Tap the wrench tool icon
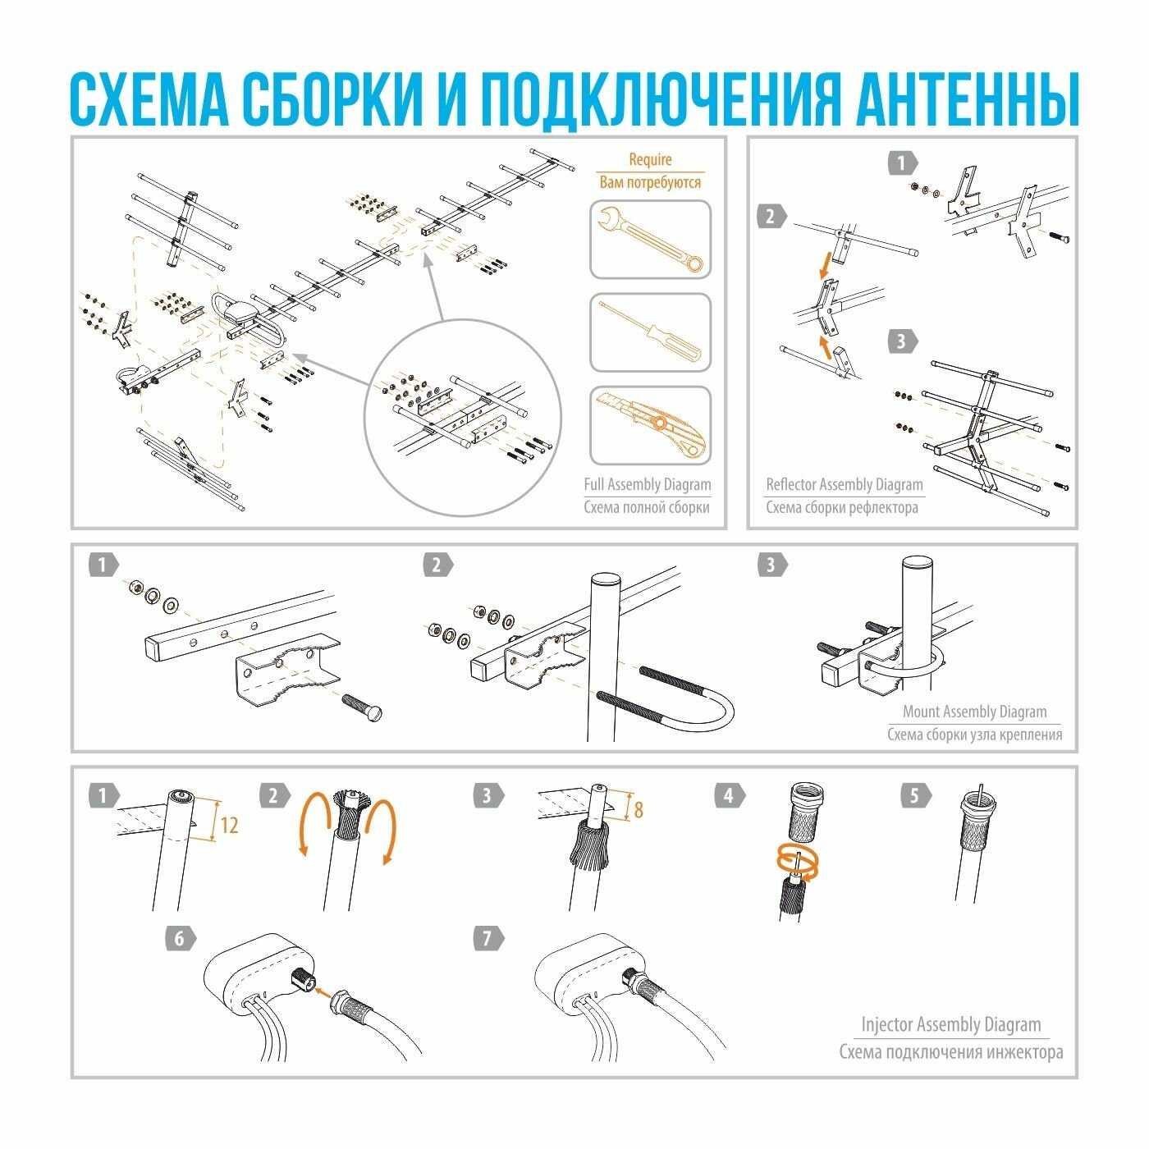pos(649,240)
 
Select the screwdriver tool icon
pos(649,332)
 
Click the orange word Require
pos(649,160)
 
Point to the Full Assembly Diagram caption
pos(647,484)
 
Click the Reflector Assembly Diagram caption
pos(844,484)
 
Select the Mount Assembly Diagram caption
pos(974,712)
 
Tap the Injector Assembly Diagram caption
pos(950,1024)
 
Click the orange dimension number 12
pos(229,825)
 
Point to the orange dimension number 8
pos(638,811)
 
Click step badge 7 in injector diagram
pos(489,937)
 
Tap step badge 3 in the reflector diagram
pos(901,341)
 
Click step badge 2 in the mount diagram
pos(436,565)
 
